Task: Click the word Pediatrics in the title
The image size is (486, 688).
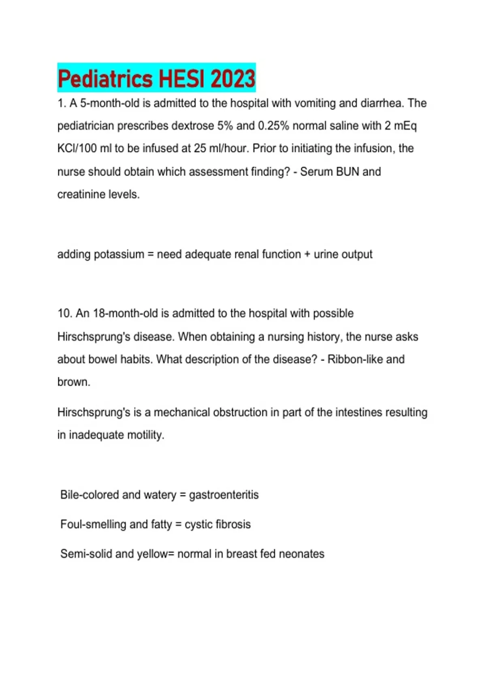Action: point(106,79)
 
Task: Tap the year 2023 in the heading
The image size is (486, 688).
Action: point(233,79)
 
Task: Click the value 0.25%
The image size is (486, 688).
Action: point(273,126)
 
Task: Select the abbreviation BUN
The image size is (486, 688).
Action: point(347,172)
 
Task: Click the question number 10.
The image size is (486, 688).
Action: point(64,314)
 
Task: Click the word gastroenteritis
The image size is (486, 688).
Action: point(224,495)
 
